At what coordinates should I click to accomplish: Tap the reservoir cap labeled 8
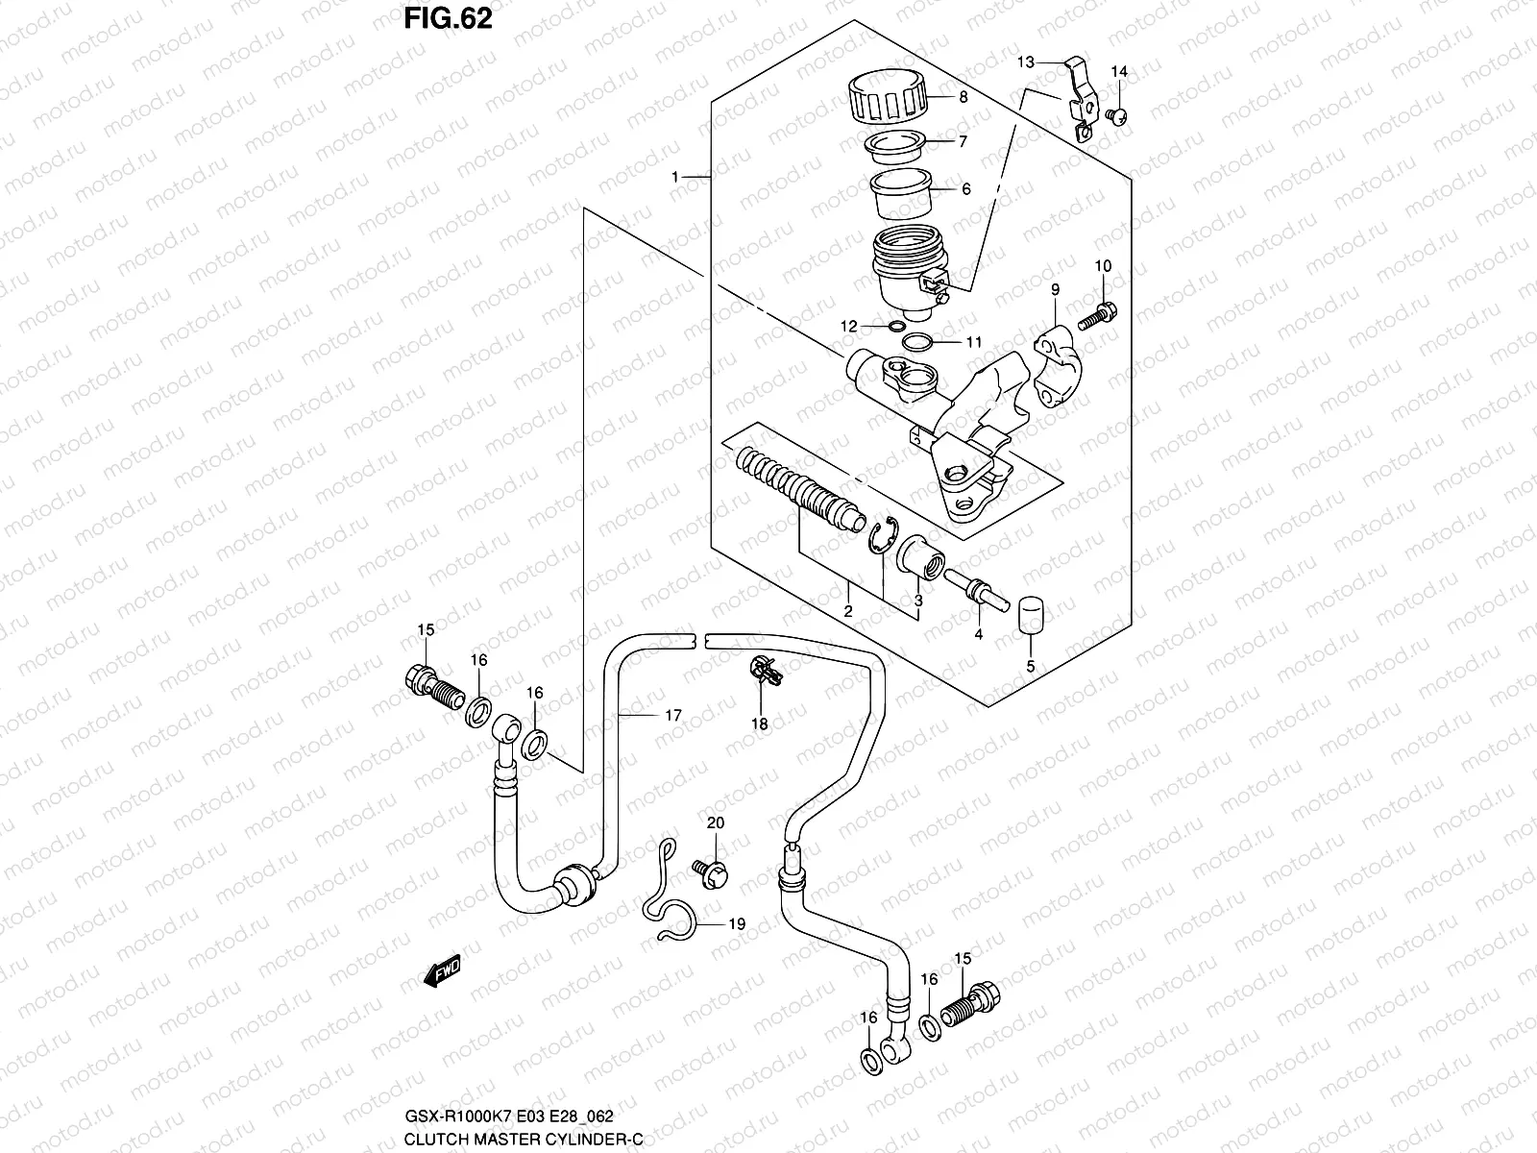coord(888,97)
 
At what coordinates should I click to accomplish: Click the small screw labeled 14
coord(1117,116)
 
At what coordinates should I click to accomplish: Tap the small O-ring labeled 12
coord(896,328)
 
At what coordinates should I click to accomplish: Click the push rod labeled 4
coord(973,587)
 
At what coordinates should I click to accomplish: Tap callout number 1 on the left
coord(675,177)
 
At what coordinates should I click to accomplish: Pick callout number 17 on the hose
coord(672,715)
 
